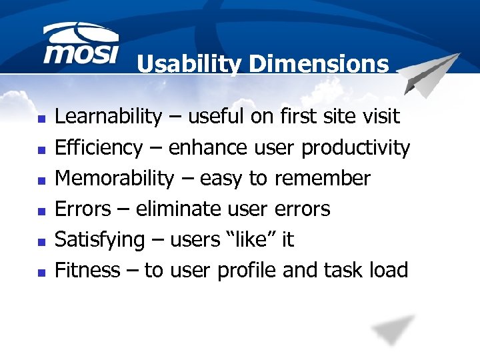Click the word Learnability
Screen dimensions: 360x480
click(107, 117)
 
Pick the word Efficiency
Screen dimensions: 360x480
click(98, 148)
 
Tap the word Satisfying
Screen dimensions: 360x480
click(99, 240)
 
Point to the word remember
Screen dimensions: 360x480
click(329, 179)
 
